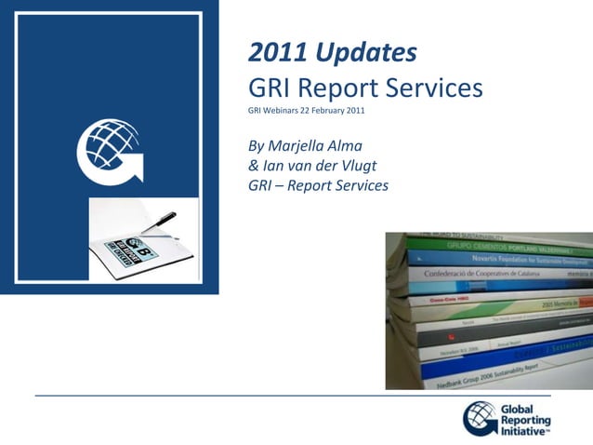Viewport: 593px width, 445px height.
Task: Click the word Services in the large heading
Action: point(437,88)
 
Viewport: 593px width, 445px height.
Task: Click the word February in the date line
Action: point(327,111)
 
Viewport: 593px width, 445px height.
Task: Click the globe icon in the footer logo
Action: point(481,418)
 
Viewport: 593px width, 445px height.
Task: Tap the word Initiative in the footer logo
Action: point(524,429)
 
